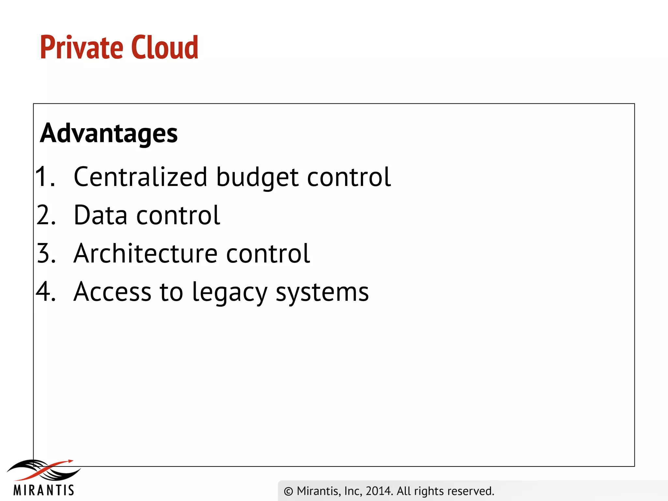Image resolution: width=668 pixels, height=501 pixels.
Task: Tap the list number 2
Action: (46, 215)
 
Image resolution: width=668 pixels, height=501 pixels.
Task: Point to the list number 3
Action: (46, 253)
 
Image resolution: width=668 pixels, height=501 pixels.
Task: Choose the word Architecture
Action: (145, 253)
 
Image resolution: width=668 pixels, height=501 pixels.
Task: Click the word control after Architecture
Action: (268, 253)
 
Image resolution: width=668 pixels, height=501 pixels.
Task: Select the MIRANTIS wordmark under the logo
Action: (44, 490)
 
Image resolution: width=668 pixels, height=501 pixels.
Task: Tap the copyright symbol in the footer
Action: (288, 491)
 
